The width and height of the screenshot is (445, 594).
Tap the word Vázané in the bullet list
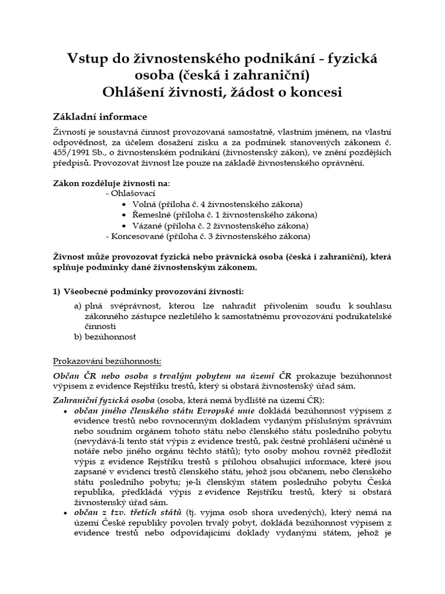point(148,226)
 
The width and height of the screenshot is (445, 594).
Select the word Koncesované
point(138,236)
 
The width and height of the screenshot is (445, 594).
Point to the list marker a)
point(77,304)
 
